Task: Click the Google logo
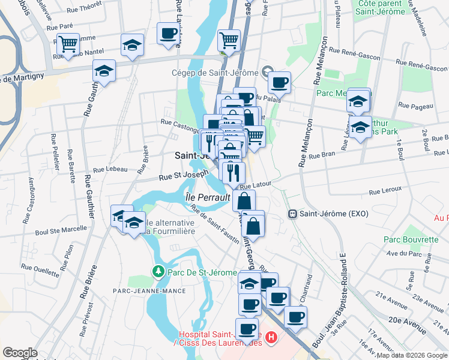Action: [x=20, y=353]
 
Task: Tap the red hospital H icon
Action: [x=271, y=338]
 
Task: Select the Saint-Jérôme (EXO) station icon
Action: [x=293, y=214]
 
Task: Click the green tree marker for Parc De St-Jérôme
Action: [x=158, y=272]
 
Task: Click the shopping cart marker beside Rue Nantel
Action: [x=68, y=43]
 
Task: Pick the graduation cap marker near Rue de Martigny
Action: [x=104, y=71]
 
